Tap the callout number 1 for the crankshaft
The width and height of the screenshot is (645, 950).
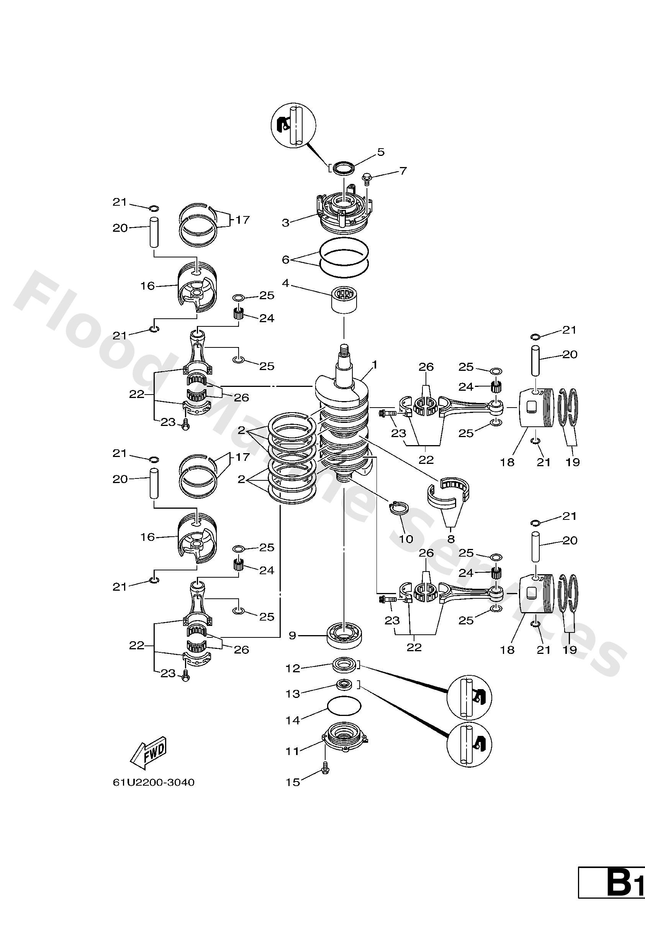point(375,364)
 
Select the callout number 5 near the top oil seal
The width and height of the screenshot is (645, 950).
point(381,152)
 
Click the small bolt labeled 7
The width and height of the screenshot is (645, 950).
point(367,178)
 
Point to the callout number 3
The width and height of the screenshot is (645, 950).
point(285,223)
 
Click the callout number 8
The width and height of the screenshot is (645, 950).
point(451,539)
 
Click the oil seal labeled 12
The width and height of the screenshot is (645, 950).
point(344,664)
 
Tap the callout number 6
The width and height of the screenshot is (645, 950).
point(285,260)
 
